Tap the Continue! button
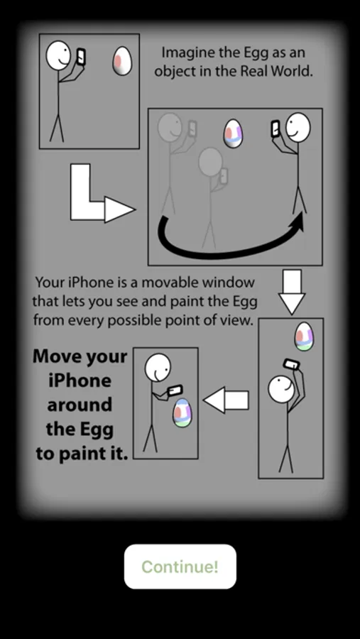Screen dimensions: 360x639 click(180, 567)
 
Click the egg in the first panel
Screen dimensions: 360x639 click(122, 61)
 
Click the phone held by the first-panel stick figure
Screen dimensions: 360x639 click(81, 57)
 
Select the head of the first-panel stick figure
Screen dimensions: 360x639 click(59, 55)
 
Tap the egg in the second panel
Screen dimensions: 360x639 click(233, 133)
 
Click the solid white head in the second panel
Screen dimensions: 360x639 click(298, 128)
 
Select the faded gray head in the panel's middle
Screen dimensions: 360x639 click(210, 162)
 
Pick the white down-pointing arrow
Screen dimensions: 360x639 click(292, 291)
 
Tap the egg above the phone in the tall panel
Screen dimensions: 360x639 click(304, 337)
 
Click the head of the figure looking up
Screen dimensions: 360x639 click(281, 389)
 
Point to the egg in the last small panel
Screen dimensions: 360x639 click(182, 413)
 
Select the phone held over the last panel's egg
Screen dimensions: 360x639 click(174, 390)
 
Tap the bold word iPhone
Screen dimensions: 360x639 click(80, 381)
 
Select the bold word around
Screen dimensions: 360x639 click(80, 405)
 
